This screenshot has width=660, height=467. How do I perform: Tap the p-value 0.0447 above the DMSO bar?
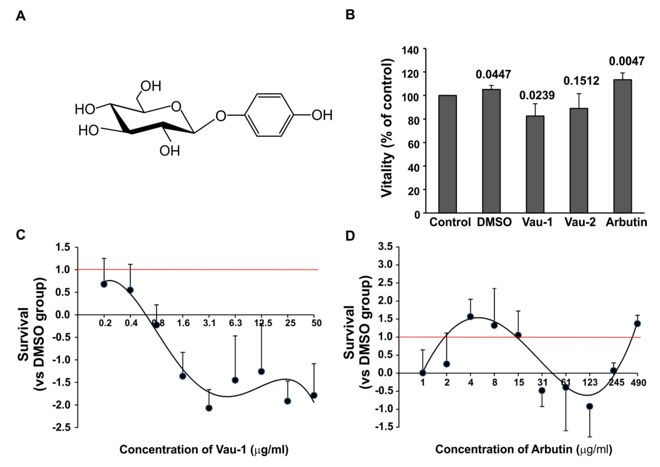click(x=493, y=75)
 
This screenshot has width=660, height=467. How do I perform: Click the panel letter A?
click(x=21, y=16)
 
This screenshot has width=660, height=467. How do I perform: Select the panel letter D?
click(x=350, y=236)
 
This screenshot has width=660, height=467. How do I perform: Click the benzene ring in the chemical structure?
click(x=269, y=115)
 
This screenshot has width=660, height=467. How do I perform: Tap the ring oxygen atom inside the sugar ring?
click(x=176, y=107)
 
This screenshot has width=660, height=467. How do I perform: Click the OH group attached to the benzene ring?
click(x=322, y=115)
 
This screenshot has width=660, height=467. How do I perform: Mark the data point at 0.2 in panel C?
click(x=104, y=284)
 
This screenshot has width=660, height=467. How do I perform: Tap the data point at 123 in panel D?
click(x=590, y=406)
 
